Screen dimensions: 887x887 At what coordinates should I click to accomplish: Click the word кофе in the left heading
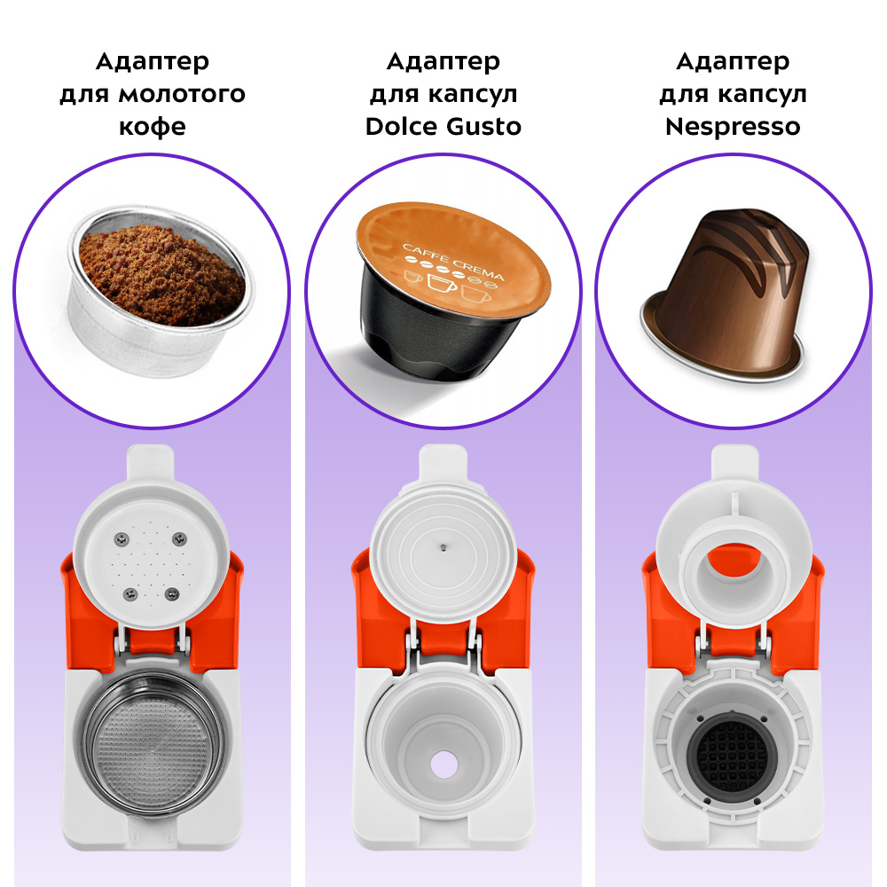153,127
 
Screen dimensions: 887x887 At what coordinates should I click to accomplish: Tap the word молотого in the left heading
182,94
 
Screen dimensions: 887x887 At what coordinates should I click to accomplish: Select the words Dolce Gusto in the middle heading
443,126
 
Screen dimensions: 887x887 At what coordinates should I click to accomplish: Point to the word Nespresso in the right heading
733,127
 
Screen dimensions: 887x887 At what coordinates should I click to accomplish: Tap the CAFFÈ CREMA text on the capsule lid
453,262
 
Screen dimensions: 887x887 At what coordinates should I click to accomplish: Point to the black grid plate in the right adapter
732,757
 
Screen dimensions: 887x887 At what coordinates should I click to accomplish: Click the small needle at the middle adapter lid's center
443,547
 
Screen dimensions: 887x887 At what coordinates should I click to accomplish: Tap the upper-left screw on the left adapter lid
122,539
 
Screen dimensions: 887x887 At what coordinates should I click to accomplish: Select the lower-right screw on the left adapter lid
172,594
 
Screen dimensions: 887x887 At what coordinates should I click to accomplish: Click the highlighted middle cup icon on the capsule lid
442,282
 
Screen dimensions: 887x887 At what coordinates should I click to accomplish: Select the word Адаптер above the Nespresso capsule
733,62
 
